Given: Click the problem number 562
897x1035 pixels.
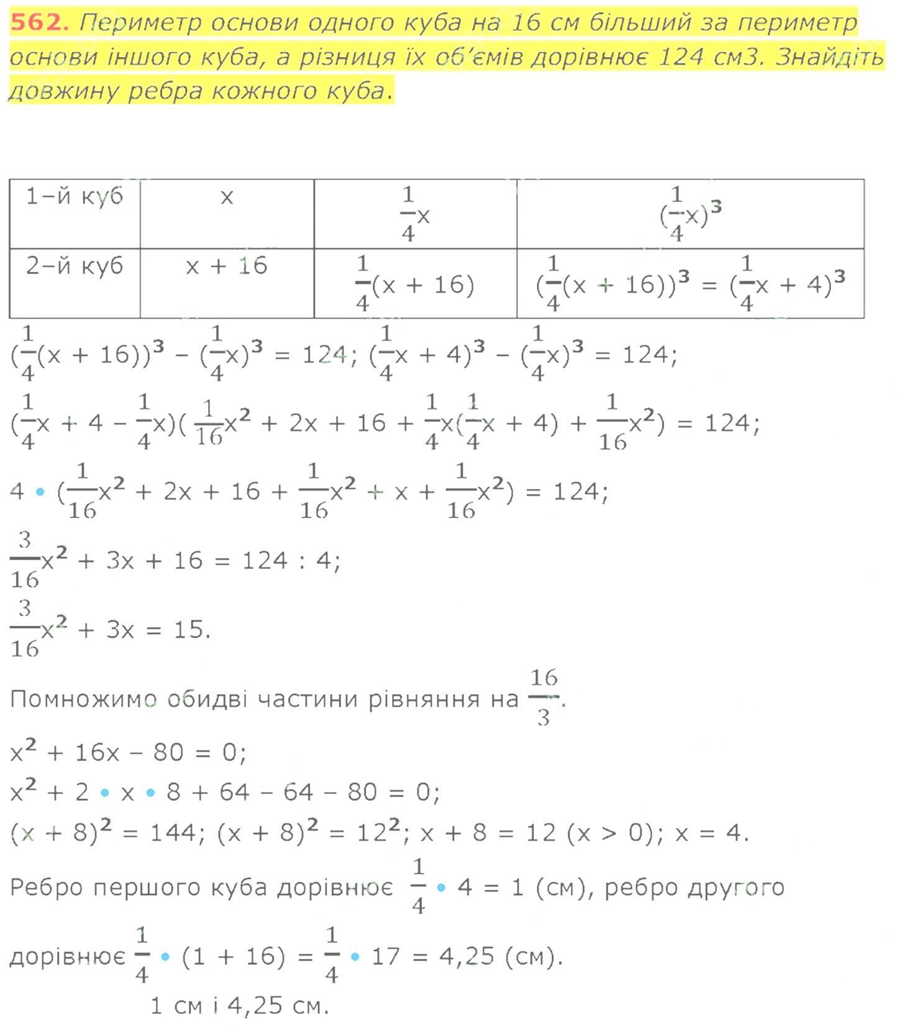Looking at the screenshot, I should coord(38,22).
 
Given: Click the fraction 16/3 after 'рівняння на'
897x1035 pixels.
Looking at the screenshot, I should coord(544,698).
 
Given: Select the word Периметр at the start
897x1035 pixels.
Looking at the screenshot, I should coord(141,23).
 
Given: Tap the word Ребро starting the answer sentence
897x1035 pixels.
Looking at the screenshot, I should coord(47,888).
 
